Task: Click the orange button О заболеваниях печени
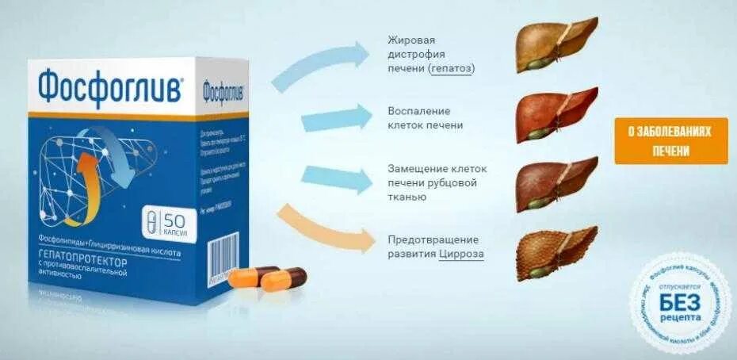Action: coord(670,141)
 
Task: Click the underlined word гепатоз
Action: coord(453,69)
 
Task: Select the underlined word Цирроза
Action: coord(461,254)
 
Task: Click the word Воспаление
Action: coord(419,110)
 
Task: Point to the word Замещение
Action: coord(420,168)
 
